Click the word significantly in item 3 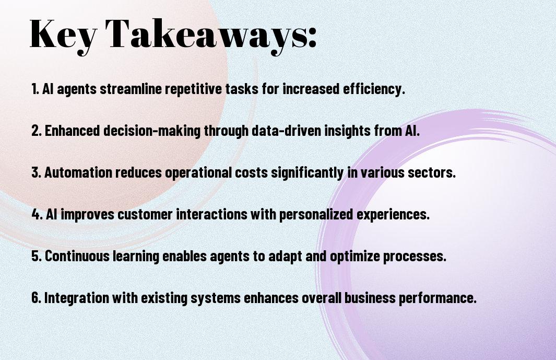[307, 173]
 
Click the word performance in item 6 [437, 298]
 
